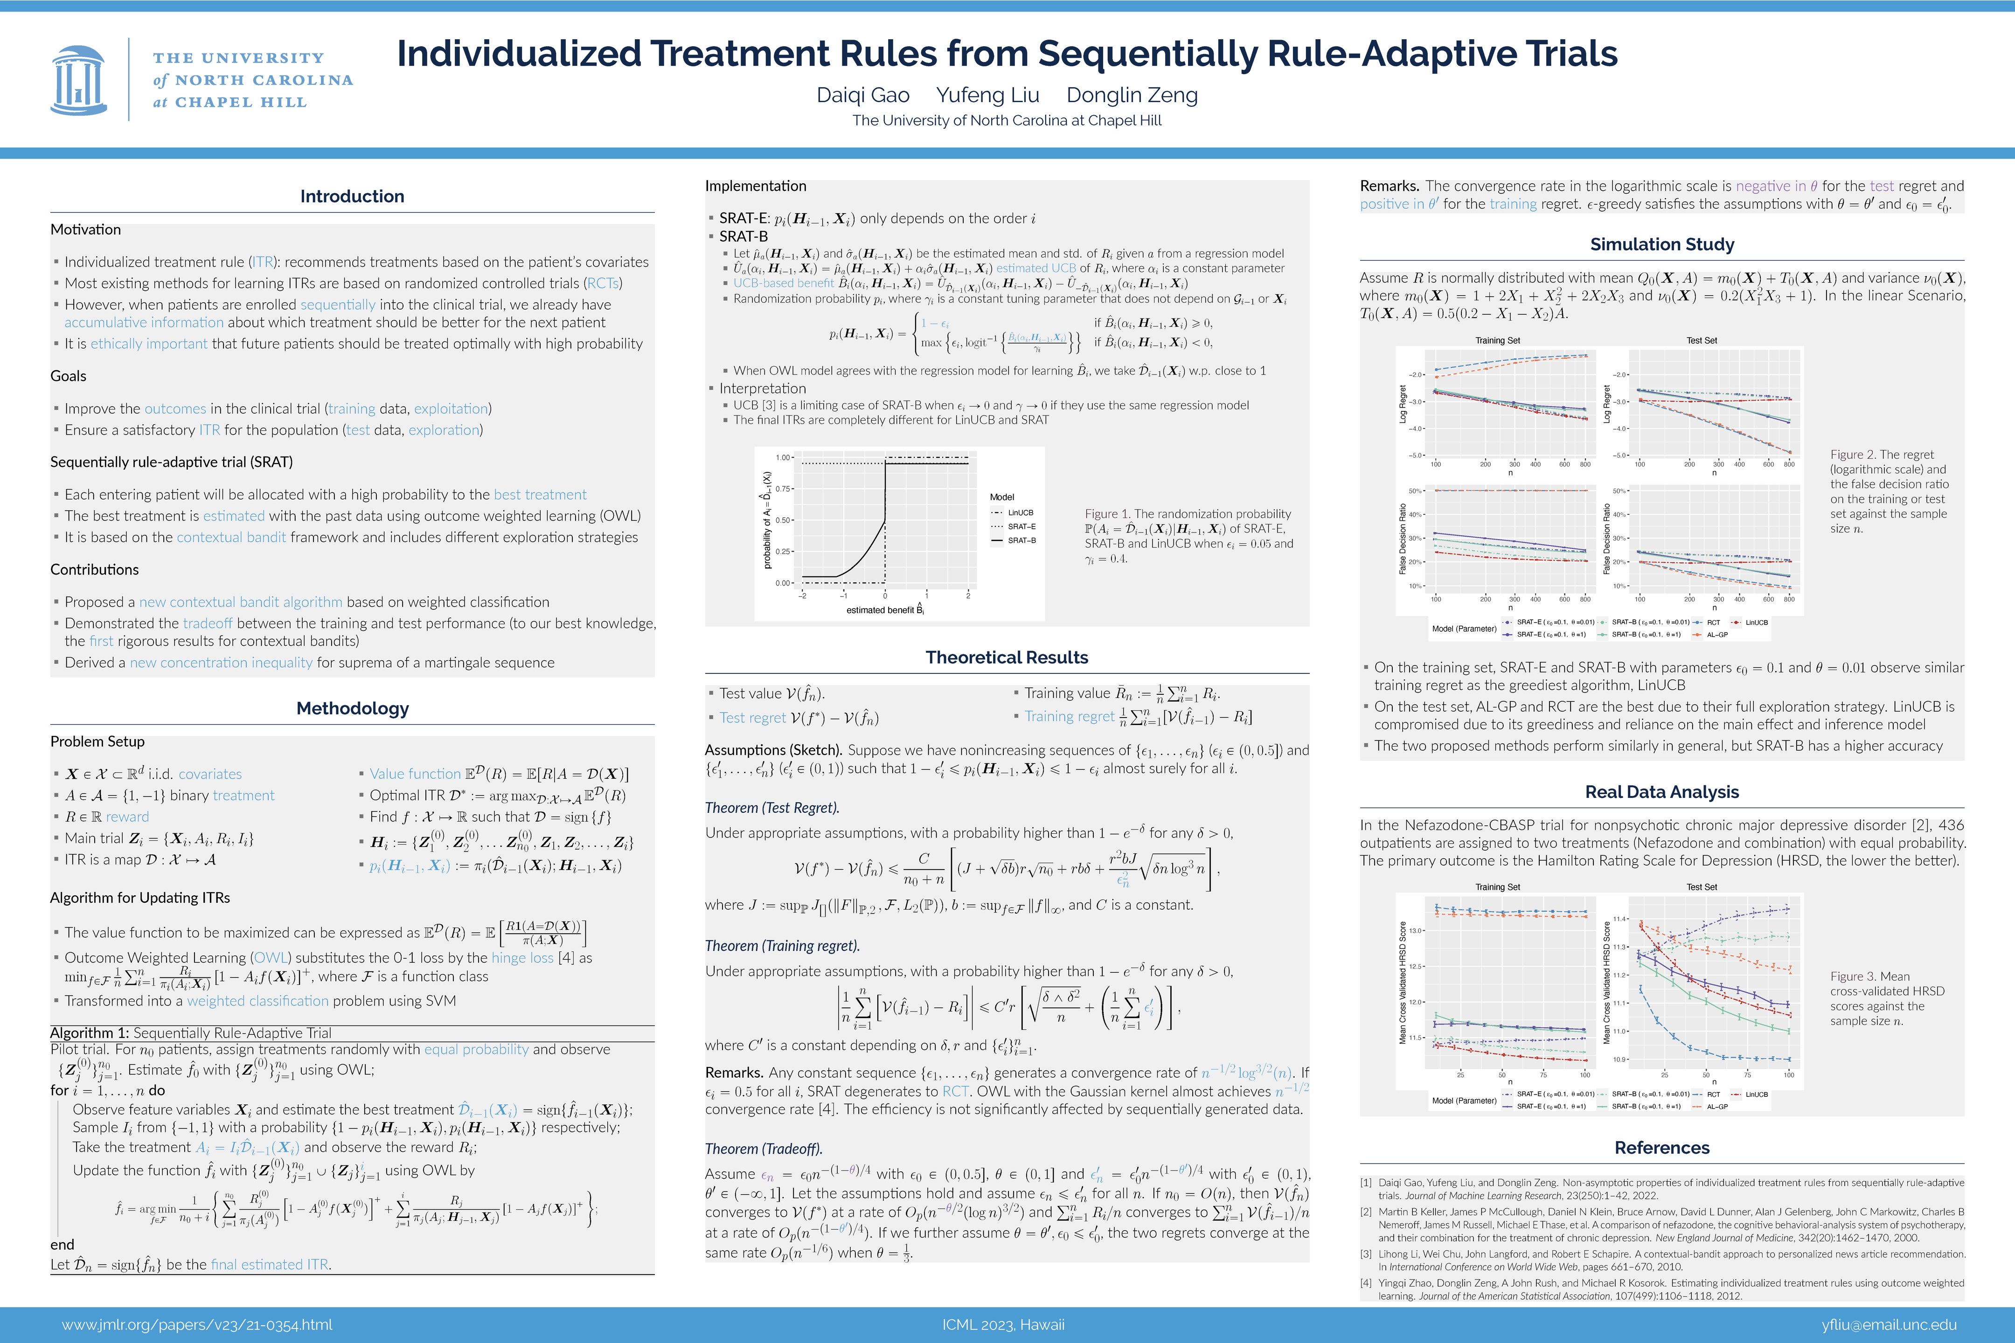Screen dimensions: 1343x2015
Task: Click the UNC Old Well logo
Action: [79, 80]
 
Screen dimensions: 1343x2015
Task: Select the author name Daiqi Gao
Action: [863, 95]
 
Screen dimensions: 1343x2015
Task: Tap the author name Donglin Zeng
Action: [1132, 95]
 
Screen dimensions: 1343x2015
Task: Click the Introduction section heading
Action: [352, 196]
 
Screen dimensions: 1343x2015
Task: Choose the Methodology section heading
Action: [352, 708]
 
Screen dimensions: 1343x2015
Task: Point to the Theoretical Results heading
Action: [1007, 657]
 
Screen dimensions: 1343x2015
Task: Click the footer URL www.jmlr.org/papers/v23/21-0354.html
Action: [197, 1325]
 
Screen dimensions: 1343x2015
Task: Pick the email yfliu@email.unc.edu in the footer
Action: [1889, 1325]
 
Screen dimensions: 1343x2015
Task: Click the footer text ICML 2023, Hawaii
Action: [1003, 1325]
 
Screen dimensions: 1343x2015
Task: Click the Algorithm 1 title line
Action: [190, 1033]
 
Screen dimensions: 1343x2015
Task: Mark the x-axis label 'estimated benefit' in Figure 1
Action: [884, 610]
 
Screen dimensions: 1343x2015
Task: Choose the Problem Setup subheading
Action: [97, 742]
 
